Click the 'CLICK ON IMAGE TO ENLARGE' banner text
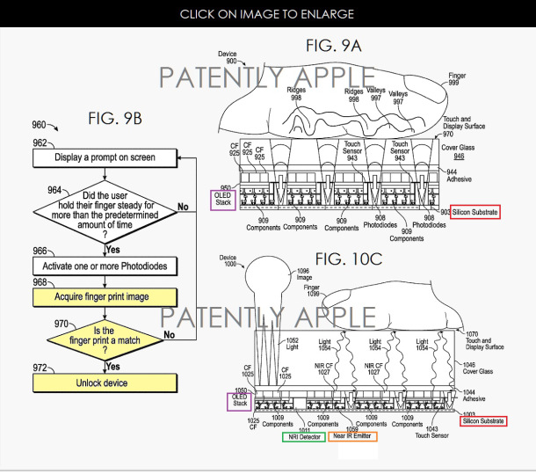(267, 14)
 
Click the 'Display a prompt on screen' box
(105, 158)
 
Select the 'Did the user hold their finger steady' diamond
(105, 212)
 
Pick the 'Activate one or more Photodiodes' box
(105, 265)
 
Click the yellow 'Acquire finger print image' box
(105, 296)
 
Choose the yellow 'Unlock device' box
(105, 383)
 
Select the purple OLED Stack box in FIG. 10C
(240, 400)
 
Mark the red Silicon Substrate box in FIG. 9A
(474, 212)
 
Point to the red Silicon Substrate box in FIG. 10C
(482, 421)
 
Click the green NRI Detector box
(301, 437)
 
